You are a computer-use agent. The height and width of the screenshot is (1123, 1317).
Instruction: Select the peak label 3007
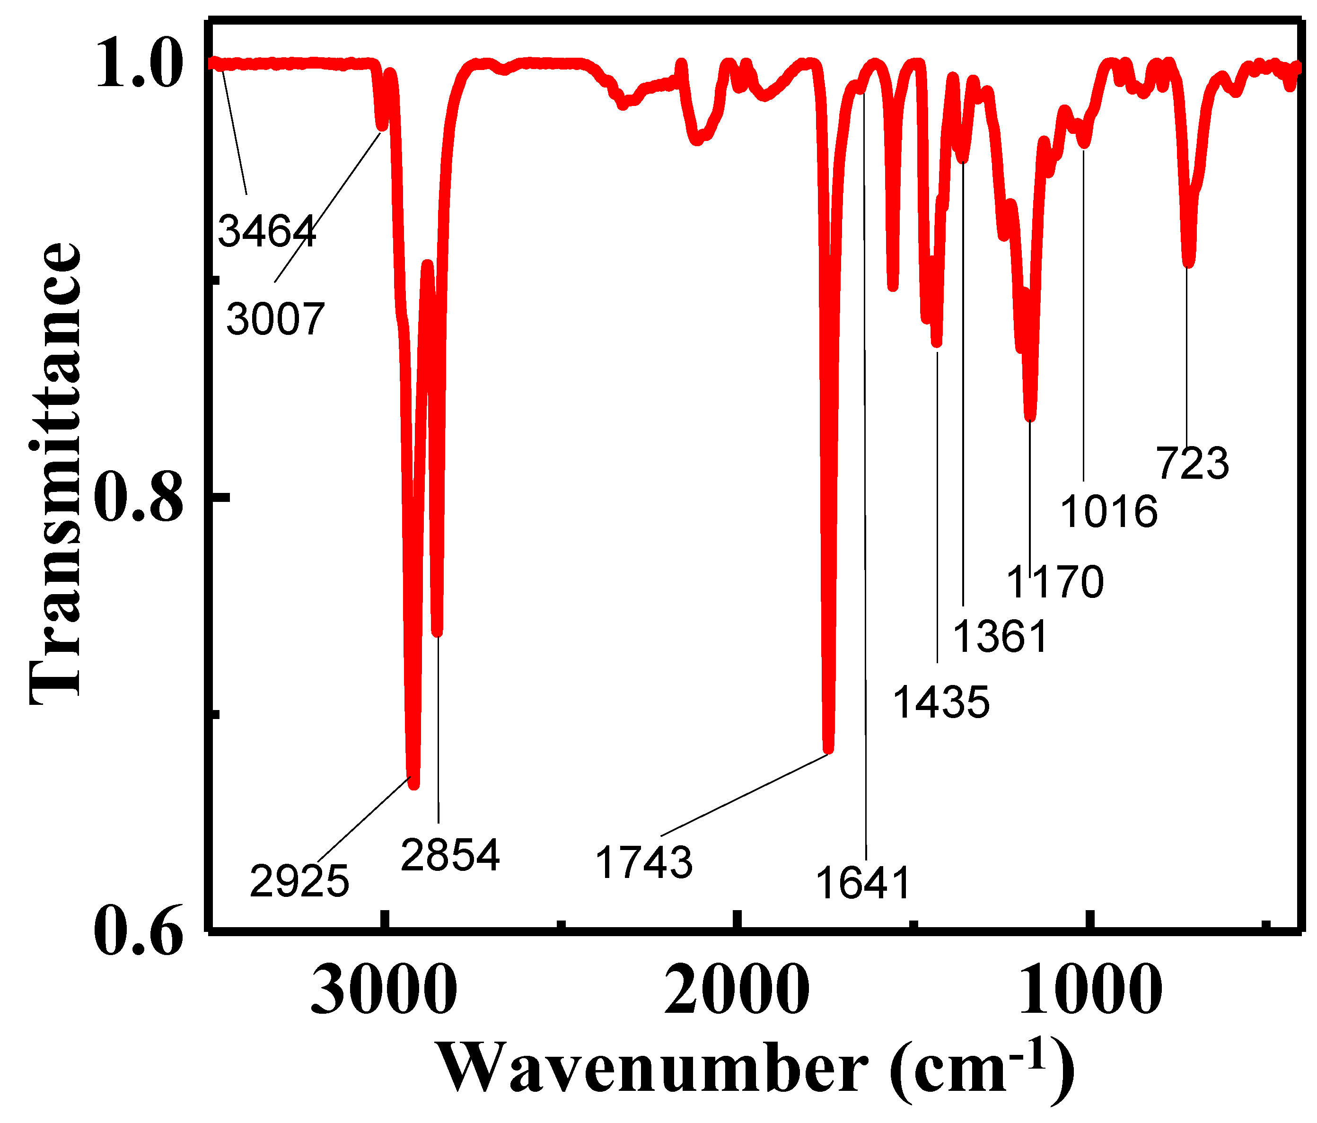[x=275, y=318]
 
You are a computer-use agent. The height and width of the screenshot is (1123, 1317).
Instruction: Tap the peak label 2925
[x=299, y=881]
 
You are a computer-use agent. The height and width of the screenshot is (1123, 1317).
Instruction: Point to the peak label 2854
[x=450, y=855]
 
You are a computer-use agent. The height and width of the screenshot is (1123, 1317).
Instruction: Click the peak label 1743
[x=644, y=862]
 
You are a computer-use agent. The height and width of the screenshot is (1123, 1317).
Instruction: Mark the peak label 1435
[x=941, y=702]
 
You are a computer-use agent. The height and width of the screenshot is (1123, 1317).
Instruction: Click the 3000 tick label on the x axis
[x=384, y=991]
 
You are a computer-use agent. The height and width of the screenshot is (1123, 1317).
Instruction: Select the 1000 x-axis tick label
[x=1090, y=991]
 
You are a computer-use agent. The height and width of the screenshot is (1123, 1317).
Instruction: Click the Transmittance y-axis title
[x=56, y=474]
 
